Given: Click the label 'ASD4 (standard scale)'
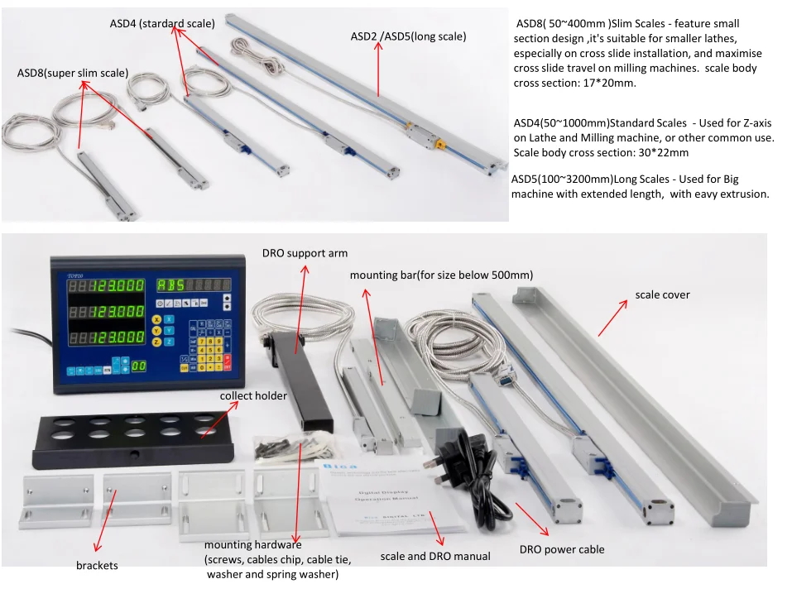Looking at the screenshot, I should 162,24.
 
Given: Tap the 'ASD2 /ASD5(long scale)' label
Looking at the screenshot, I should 408,37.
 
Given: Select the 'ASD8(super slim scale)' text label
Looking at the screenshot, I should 72,74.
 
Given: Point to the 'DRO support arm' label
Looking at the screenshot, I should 305,253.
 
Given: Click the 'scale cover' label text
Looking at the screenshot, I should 662,294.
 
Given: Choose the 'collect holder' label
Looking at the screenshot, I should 253,396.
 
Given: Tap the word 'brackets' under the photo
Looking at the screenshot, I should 97,566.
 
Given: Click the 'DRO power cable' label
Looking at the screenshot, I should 562,549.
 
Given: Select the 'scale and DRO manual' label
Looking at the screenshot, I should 435,557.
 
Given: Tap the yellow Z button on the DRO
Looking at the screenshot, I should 156,342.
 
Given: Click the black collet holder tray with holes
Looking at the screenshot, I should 132,439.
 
